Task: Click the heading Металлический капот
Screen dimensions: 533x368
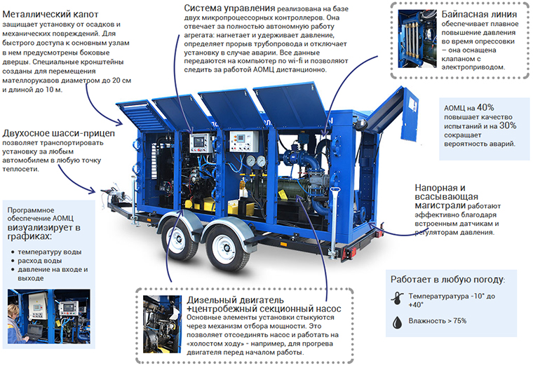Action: click(50, 14)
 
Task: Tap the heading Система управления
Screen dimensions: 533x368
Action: click(229, 8)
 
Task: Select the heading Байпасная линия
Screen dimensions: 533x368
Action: click(479, 14)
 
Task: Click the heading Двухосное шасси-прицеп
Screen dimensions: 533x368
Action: click(58, 133)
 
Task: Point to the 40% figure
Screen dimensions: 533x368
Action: click(485, 107)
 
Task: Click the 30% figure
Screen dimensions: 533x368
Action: click(508, 125)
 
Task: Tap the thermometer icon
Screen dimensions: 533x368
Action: click(397, 298)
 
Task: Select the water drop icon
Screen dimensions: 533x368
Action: click(397, 322)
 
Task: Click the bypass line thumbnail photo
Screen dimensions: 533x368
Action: click(417, 39)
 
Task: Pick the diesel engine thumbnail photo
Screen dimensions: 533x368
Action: click(162, 324)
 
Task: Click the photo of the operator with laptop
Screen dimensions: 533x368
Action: click(49, 316)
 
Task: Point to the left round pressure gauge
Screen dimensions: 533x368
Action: click(252, 161)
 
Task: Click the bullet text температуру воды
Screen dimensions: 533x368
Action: click(50, 252)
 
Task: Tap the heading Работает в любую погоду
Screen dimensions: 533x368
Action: click(447, 279)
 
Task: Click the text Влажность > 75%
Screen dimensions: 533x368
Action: click(438, 321)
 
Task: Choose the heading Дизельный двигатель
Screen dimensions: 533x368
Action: click(235, 300)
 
